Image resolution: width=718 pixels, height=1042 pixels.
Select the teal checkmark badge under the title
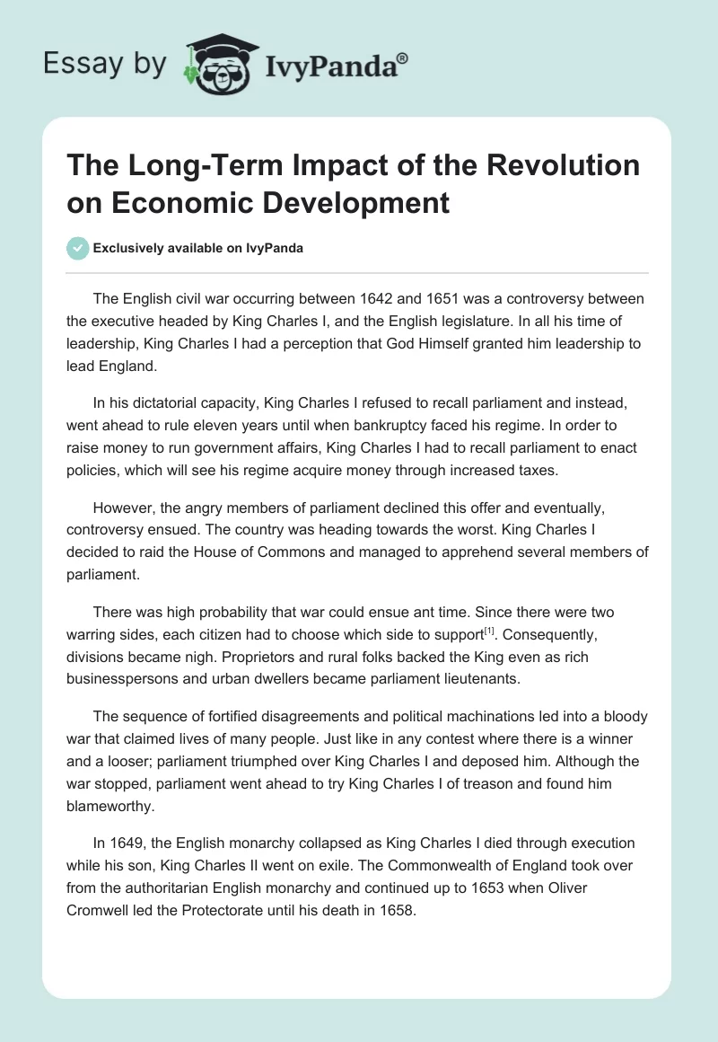pyautogui.click(x=78, y=248)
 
